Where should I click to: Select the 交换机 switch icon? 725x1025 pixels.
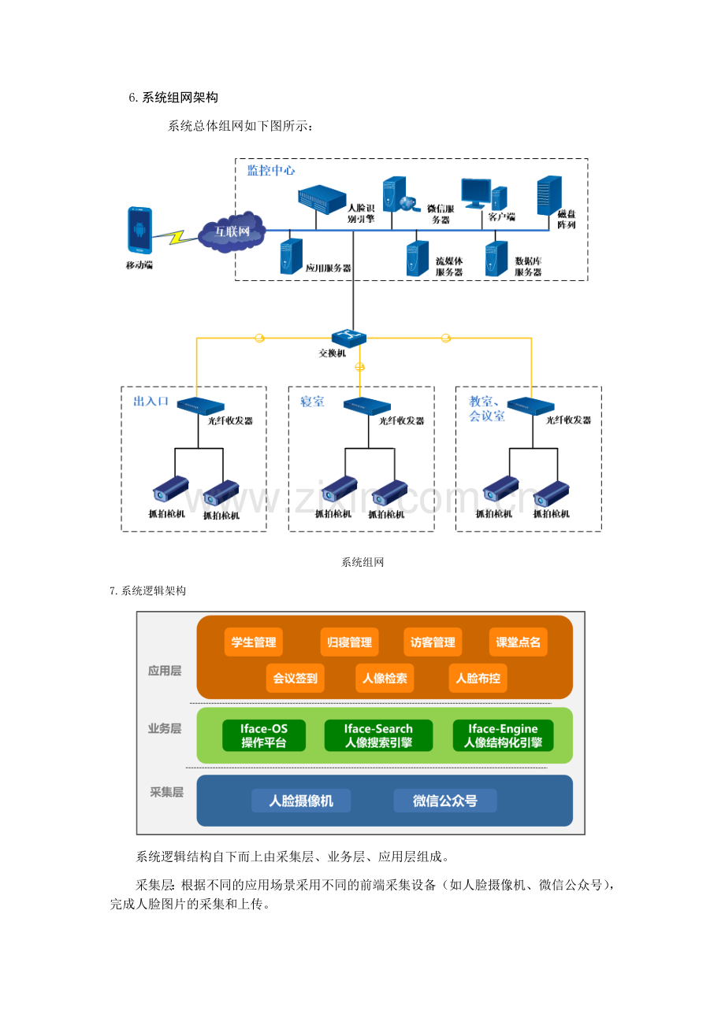[349, 337]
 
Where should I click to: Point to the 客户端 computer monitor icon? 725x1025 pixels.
[476, 194]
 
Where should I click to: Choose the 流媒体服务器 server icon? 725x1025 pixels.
[417, 259]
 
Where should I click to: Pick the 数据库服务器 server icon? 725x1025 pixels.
[496, 259]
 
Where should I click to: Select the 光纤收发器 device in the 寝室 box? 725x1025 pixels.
[366, 405]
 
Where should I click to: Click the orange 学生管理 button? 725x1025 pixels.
[253, 642]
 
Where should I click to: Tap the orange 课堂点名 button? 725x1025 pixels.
[518, 642]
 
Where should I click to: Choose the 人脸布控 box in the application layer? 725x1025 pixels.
[478, 678]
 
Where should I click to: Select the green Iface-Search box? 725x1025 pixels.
[378, 735]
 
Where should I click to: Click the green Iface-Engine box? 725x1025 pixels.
[503, 735]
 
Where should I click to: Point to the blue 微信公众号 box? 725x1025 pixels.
[445, 801]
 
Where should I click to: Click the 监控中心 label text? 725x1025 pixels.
[271, 170]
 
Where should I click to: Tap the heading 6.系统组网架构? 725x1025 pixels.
[173, 98]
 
